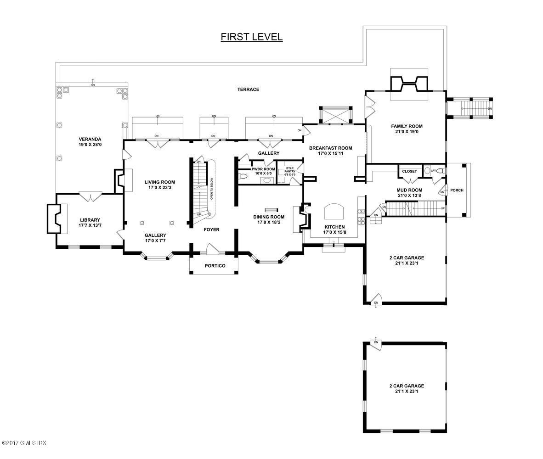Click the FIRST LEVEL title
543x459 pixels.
(x=251, y=37)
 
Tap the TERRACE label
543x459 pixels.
(x=248, y=90)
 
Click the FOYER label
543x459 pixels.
(x=212, y=229)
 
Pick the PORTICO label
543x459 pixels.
(x=215, y=266)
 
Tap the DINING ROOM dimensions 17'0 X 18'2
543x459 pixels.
(x=269, y=223)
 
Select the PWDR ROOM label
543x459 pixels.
(x=263, y=169)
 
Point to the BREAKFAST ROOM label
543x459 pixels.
(x=330, y=148)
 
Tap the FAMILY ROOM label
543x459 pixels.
(x=407, y=126)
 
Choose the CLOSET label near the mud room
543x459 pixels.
(x=409, y=172)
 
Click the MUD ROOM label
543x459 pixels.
(x=409, y=190)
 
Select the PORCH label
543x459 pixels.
(x=457, y=190)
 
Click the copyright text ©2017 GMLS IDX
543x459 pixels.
(x=24, y=443)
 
